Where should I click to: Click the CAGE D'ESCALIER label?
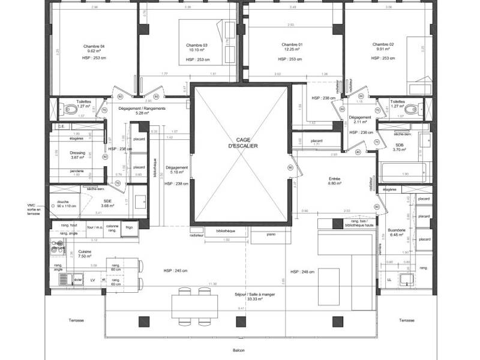[x=239, y=142]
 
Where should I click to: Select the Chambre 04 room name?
[x=94, y=46]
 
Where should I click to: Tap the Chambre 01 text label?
[x=292, y=45]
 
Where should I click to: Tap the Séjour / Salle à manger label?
[x=254, y=295]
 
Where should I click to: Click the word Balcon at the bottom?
[x=239, y=351]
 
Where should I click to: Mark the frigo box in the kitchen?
[x=129, y=227]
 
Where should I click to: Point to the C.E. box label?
[x=61, y=127]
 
